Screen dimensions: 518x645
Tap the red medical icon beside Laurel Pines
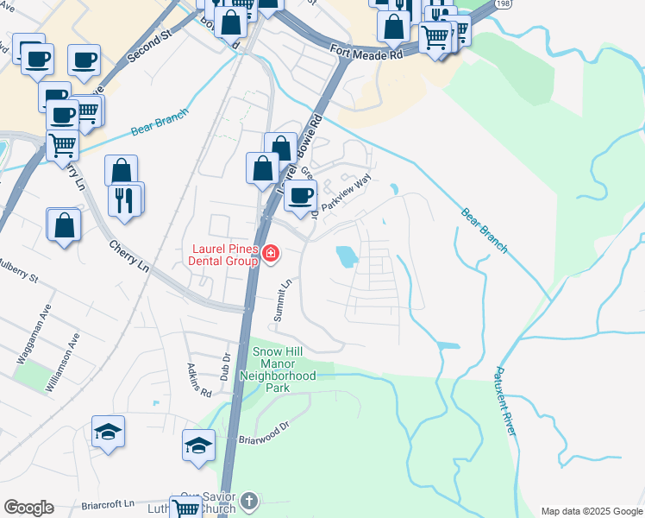[x=271, y=253]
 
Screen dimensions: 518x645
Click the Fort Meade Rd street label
[x=367, y=54]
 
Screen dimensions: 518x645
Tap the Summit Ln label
[x=283, y=301]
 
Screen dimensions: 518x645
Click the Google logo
[x=28, y=508]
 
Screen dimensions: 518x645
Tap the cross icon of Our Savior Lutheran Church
[x=249, y=501]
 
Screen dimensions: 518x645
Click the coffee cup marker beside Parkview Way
[x=301, y=196]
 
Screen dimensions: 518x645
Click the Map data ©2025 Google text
[x=591, y=511]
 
